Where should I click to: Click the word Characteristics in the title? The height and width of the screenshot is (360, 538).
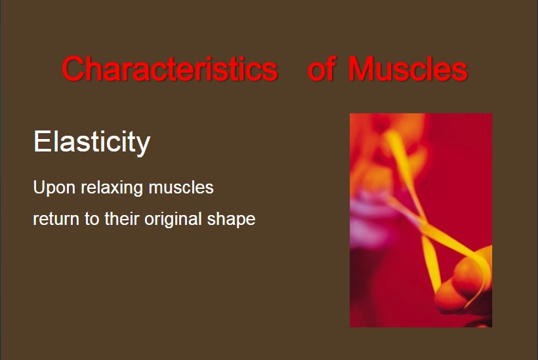pyautogui.click(x=170, y=69)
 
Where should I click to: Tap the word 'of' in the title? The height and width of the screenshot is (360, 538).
pyautogui.click(x=321, y=69)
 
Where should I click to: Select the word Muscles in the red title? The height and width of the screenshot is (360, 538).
pyautogui.click(x=408, y=69)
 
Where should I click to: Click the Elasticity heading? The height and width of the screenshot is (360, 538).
pyautogui.click(x=92, y=141)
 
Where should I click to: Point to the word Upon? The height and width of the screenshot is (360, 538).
pyautogui.click(x=54, y=188)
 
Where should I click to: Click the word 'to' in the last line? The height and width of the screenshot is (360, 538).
pyautogui.click(x=92, y=219)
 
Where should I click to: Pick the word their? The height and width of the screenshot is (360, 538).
pyautogui.click(x=121, y=218)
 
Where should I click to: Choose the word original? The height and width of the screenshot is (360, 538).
pyautogui.click(x=173, y=220)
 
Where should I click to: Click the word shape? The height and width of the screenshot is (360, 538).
pyautogui.click(x=231, y=220)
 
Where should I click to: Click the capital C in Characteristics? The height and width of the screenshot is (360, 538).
pyautogui.click(x=73, y=69)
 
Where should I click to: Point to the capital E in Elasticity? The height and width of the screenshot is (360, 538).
pyautogui.click(x=41, y=141)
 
